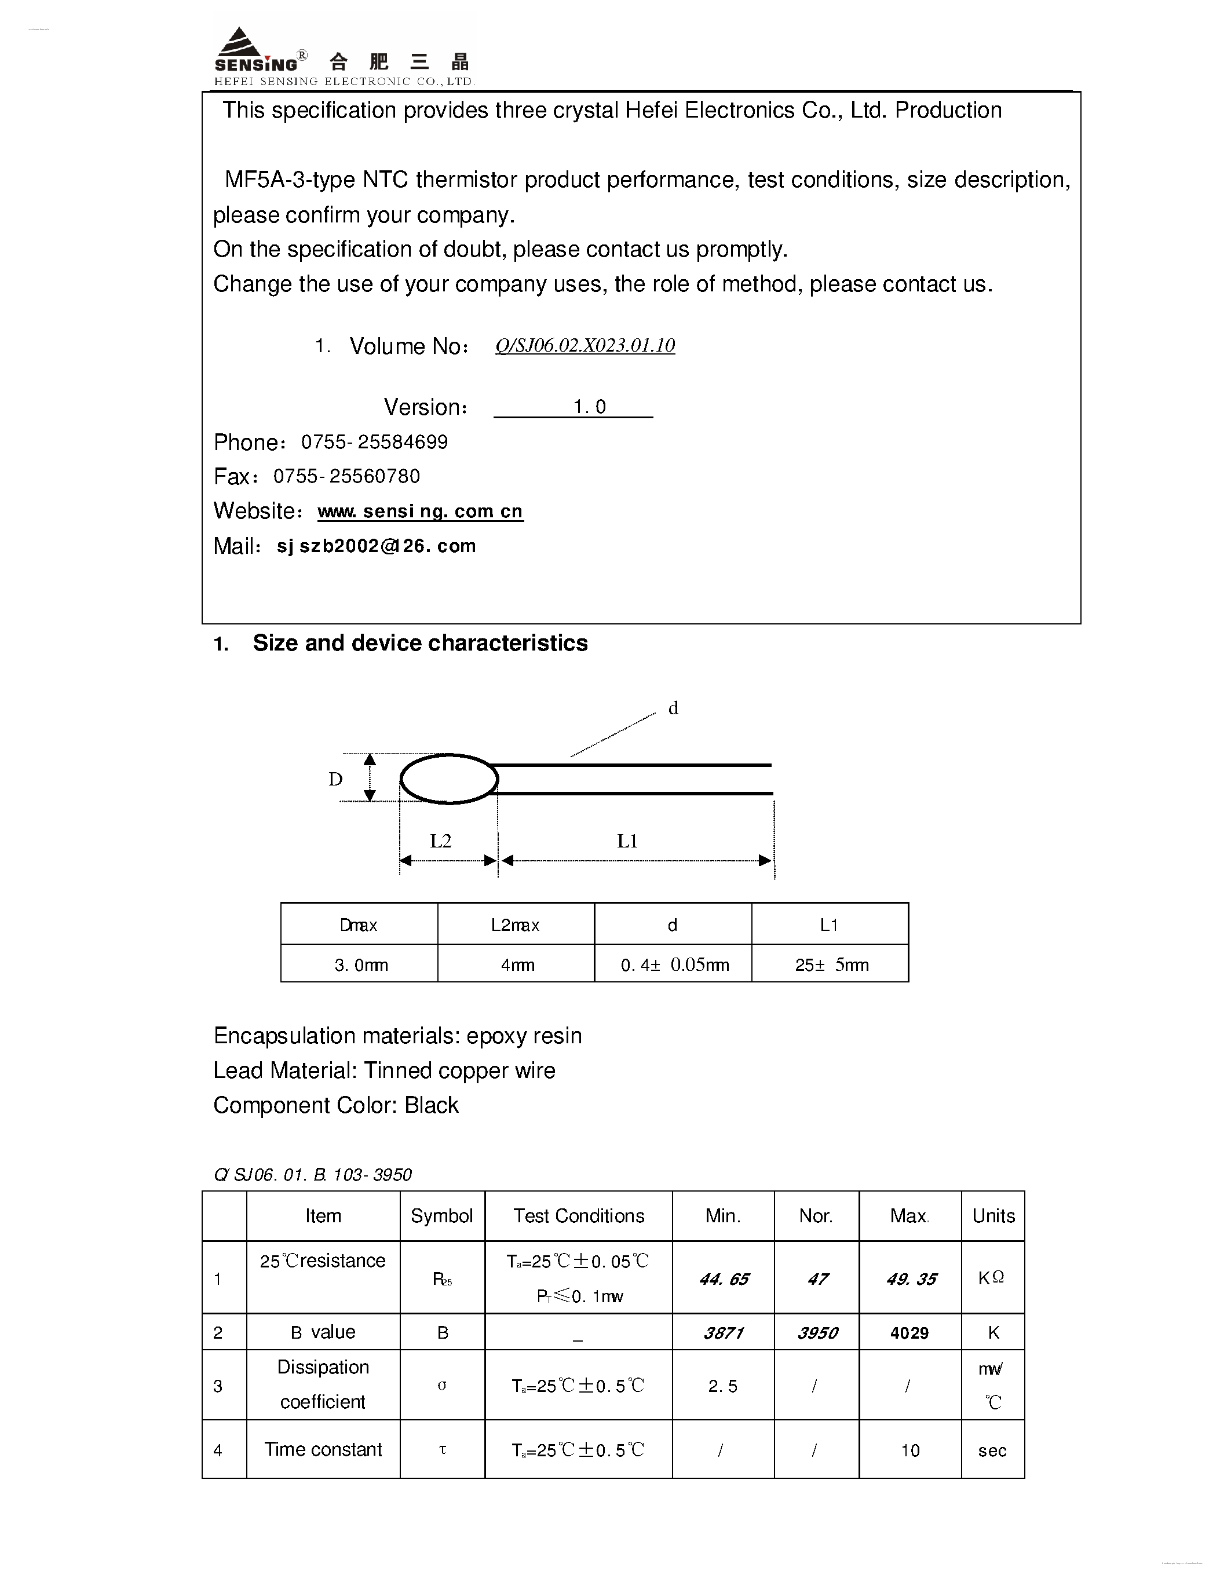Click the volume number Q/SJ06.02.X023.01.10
(585, 345)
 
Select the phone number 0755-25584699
(374, 442)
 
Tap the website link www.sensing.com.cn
(420, 511)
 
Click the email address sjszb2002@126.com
(377, 546)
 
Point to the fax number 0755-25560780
(346, 476)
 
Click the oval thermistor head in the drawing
(449, 779)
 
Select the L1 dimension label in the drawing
(627, 841)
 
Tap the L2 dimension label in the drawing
(440, 841)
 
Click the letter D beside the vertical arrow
(335, 779)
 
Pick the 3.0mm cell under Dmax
(360, 965)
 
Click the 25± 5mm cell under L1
(831, 965)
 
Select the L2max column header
(515, 925)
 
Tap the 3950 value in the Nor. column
(817, 1333)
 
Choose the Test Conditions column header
(578, 1216)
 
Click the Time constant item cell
(323, 1449)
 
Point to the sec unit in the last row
(992, 1450)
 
